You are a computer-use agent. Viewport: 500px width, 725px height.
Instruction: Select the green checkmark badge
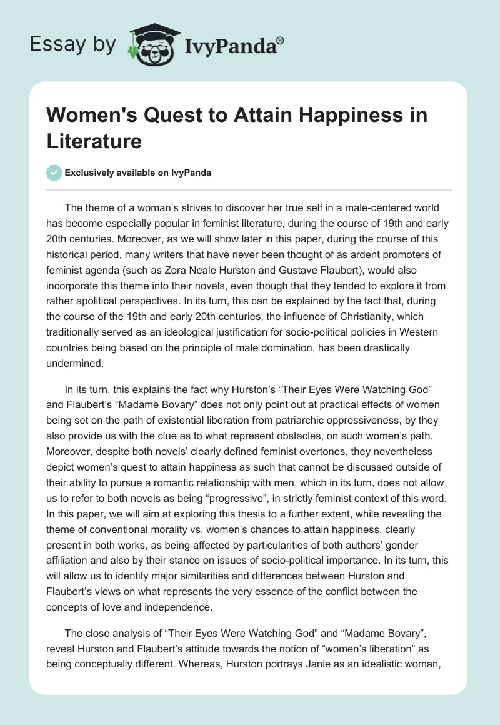[x=54, y=172]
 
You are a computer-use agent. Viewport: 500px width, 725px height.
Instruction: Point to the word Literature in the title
[x=94, y=141]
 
